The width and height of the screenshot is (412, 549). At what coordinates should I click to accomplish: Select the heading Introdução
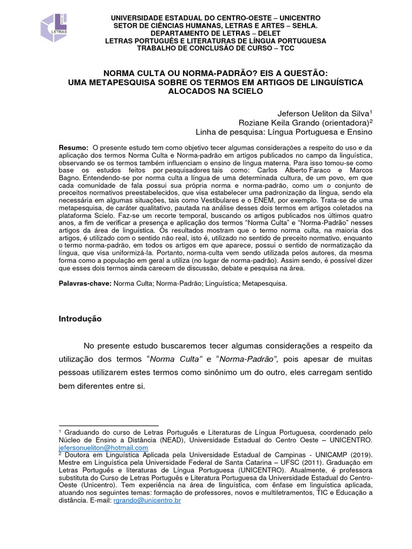point(80,318)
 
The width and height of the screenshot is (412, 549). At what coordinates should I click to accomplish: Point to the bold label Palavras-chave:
point(84,284)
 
